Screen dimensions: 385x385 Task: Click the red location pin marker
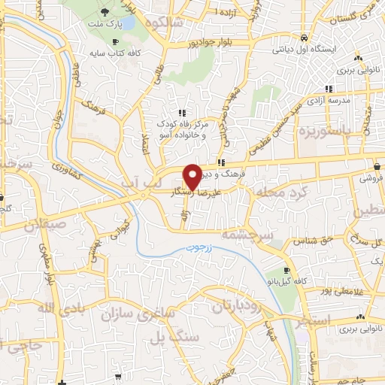pyautogui.click(x=192, y=176)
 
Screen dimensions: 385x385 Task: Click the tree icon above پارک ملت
pyautogui.click(x=104, y=12)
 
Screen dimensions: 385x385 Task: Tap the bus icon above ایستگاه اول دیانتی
pyautogui.click(x=303, y=36)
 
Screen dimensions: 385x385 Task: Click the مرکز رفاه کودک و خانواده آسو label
pyautogui.click(x=182, y=129)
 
